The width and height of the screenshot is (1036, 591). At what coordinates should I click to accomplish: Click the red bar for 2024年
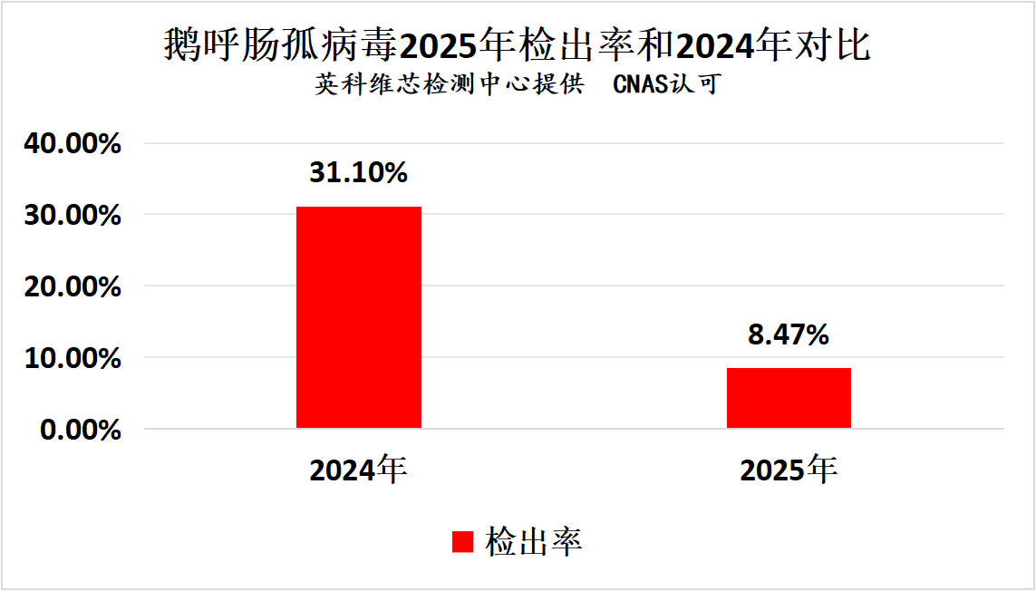coord(359,317)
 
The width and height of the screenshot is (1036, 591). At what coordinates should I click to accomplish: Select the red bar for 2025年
coord(789,398)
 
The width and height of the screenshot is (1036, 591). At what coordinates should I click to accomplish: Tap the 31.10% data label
coord(359,172)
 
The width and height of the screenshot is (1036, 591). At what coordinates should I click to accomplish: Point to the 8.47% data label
coord(789,334)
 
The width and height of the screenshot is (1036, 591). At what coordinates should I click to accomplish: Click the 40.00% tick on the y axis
coord(80,144)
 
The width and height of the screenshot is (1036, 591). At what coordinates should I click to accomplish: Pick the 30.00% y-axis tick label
coord(80,216)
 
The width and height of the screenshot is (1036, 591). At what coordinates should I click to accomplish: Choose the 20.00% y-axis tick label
coord(80,287)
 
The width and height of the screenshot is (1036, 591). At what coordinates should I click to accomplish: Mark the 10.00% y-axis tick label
coord(80,359)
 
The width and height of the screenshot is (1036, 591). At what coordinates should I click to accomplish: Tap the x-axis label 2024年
coord(359,470)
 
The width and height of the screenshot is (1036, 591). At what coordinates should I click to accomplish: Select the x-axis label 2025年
coord(789,470)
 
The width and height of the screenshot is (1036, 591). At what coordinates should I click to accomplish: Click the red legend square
coord(462,541)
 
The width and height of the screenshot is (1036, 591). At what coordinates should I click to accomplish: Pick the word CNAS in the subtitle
coord(641,85)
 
